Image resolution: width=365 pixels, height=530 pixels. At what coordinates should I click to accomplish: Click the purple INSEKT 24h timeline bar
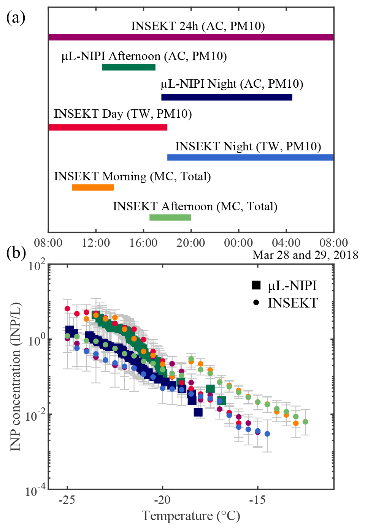point(191,37)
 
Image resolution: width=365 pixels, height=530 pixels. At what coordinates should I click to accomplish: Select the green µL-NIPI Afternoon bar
point(129,67)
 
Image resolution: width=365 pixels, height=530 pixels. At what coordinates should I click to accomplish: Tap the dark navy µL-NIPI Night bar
point(227,97)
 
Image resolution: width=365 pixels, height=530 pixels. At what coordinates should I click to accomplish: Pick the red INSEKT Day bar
point(108,127)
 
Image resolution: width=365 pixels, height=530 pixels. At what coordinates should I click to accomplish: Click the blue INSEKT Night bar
point(250,157)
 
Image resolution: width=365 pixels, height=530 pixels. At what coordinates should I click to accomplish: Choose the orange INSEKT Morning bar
point(93,187)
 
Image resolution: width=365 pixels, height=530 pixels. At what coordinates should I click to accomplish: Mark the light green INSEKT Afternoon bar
point(170,217)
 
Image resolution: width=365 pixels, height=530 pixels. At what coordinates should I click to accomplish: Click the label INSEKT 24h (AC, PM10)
point(198,26)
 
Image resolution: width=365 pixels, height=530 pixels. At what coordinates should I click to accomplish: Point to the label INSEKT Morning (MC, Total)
point(132,176)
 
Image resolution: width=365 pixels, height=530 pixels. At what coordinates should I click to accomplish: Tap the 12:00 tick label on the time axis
point(96,243)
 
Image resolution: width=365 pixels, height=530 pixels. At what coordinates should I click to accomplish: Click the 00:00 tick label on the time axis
point(238,243)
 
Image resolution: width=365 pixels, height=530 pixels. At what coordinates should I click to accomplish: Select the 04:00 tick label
point(286,243)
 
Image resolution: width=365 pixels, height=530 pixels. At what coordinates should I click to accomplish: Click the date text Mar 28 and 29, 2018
point(305,255)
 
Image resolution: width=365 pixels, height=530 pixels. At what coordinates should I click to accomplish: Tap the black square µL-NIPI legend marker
point(256,285)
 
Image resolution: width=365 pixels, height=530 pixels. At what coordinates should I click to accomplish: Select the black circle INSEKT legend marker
point(256,303)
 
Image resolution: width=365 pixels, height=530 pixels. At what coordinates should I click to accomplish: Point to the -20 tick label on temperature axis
point(162,500)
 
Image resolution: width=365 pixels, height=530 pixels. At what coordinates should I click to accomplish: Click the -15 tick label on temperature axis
point(257,500)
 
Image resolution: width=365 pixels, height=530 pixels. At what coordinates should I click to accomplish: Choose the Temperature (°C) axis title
point(191,516)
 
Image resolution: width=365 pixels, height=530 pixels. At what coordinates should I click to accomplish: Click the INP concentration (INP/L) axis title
point(15,377)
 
